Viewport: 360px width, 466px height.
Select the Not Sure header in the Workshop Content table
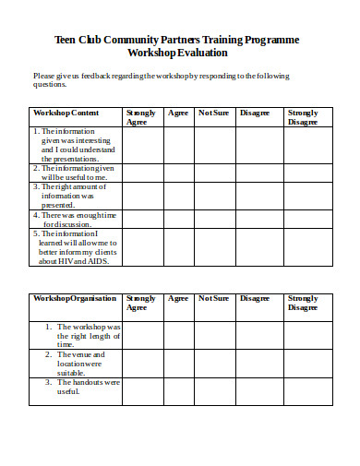click(x=213, y=113)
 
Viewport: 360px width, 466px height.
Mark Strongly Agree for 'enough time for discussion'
click(x=143, y=219)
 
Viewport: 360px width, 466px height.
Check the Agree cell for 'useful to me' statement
click(x=178, y=173)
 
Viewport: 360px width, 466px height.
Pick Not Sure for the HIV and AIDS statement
click(x=213, y=248)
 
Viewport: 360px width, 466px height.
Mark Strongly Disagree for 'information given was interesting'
click(x=308, y=144)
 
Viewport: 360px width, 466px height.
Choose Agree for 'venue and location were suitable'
click(x=178, y=362)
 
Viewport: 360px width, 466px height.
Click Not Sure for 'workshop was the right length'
click(x=213, y=334)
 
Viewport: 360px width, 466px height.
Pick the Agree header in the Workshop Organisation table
click(x=178, y=298)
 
